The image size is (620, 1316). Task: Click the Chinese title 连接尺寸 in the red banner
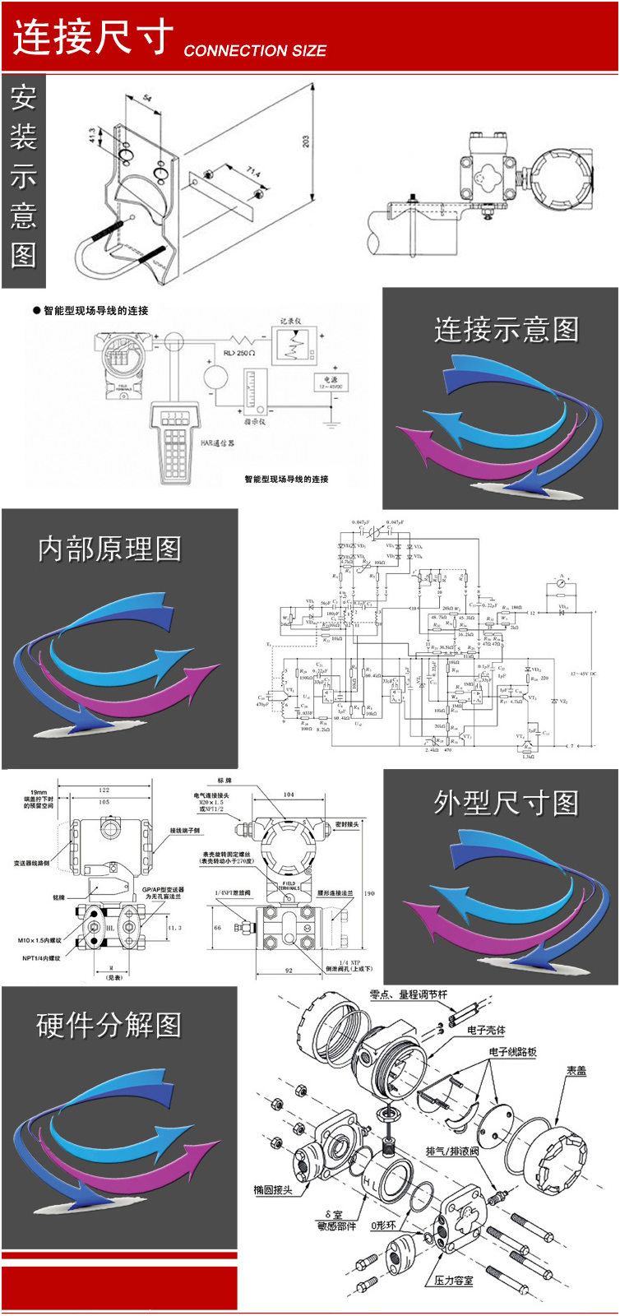pyautogui.click(x=93, y=37)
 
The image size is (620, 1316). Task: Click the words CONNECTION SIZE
pyautogui.click(x=255, y=51)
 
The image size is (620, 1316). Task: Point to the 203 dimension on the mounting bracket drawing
pyautogui.click(x=306, y=141)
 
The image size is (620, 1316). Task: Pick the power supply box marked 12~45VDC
pyautogui.click(x=331, y=382)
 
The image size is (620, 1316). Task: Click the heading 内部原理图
pyautogui.click(x=109, y=549)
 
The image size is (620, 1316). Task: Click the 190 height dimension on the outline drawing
pyautogui.click(x=369, y=893)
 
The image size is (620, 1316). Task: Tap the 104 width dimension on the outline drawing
pyautogui.click(x=289, y=795)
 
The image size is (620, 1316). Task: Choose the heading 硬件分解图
pyautogui.click(x=109, y=1025)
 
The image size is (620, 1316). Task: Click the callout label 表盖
pyautogui.click(x=576, y=1071)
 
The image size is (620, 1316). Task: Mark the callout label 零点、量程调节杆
pyautogui.click(x=409, y=994)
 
